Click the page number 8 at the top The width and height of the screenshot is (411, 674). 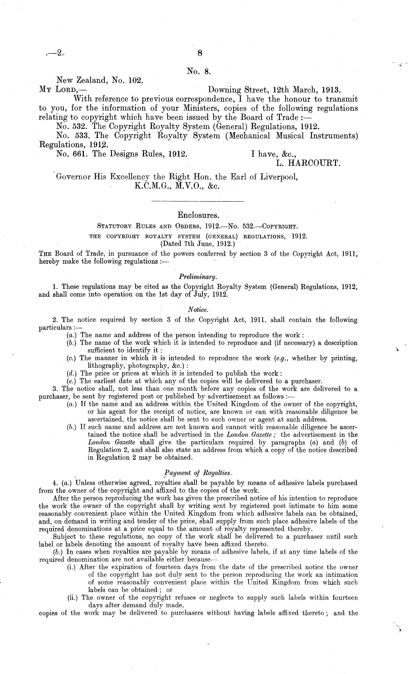pyautogui.click(x=200, y=53)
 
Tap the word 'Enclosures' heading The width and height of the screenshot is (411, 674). pyautogui.click(x=198, y=215)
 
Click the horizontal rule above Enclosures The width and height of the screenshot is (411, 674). pyautogui.click(x=197, y=202)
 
